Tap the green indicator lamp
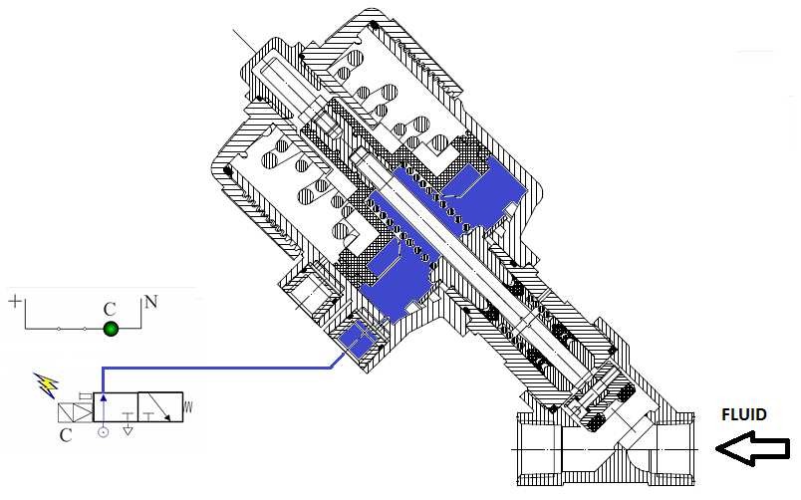coord(112,329)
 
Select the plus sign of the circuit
coord(14,299)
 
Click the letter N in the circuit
coord(149,301)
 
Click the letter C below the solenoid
coord(65,435)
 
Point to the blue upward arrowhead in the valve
coord(103,398)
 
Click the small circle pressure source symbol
coord(103,433)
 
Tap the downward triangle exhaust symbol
coord(128,432)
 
